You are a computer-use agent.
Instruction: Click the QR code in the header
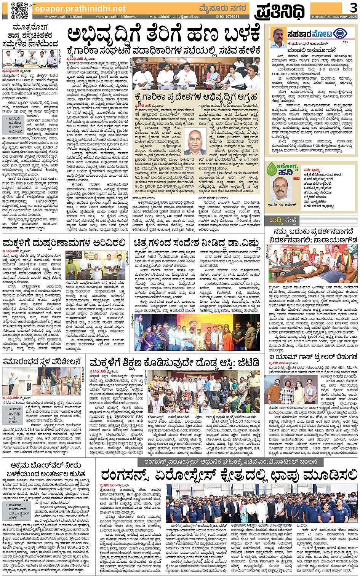click(20, 10)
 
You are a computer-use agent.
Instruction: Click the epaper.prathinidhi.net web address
click(80, 8)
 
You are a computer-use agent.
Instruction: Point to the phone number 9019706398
click(229, 17)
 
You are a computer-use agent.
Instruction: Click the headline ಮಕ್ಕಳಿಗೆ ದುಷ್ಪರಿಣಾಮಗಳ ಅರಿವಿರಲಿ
click(64, 243)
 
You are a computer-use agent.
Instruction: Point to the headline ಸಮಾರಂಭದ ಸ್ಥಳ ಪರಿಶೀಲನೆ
click(42, 361)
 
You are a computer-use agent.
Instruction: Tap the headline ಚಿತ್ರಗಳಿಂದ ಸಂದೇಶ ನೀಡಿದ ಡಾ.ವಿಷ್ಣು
click(197, 243)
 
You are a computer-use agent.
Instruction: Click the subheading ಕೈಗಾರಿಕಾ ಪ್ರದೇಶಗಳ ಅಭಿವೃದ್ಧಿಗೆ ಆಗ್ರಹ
click(196, 97)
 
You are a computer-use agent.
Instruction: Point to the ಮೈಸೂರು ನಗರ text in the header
click(223, 8)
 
